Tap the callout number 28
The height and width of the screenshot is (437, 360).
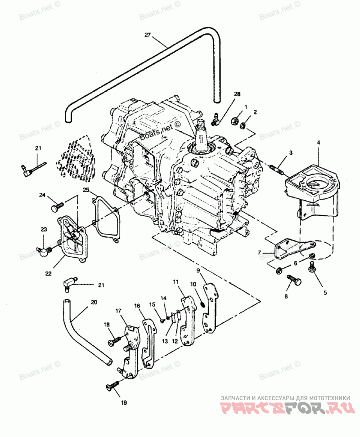point(237,94)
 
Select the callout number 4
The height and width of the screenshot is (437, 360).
point(319,143)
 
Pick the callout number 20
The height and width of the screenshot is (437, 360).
point(94,302)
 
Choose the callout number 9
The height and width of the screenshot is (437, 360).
point(198,270)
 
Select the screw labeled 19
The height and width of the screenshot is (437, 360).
point(112,385)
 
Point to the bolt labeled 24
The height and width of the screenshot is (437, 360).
point(57,206)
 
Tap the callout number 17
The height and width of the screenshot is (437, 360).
point(118,310)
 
